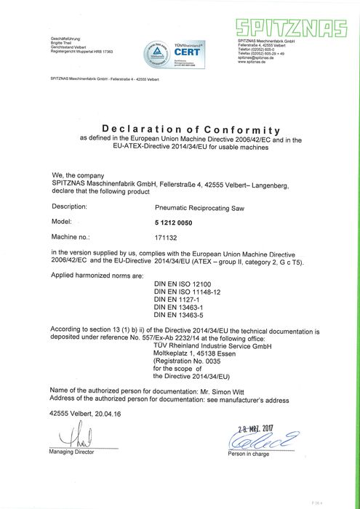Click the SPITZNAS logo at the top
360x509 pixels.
pos(295,28)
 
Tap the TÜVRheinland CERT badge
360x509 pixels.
pos(175,55)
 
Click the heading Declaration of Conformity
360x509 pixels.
pos(191,129)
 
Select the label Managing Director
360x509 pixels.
pos(71,452)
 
